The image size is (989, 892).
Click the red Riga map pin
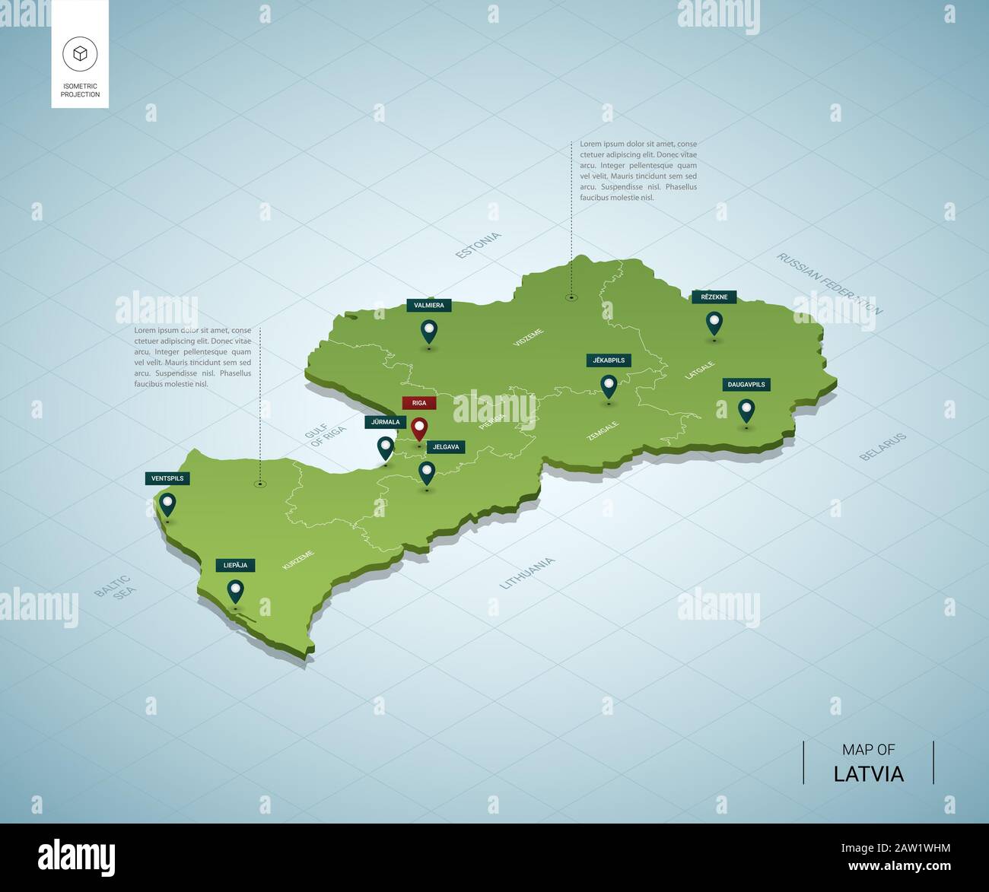point(419,429)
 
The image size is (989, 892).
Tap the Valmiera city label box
point(429,305)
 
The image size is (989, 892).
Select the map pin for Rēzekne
point(714,322)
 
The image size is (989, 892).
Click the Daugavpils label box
point(746,385)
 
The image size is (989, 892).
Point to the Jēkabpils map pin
point(609,386)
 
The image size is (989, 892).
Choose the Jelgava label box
point(445,447)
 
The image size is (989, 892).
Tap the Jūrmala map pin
point(386,448)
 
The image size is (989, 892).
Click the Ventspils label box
point(167,478)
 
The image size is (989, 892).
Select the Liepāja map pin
point(236,591)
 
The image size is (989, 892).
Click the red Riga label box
point(419,403)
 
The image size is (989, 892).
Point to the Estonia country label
point(479,246)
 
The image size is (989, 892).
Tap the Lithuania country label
point(527,573)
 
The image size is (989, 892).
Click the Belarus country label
point(883,447)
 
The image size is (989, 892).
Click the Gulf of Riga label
point(326,435)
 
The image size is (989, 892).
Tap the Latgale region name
point(700,370)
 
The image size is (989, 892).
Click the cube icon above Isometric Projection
point(80,53)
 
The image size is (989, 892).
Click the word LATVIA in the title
point(868,774)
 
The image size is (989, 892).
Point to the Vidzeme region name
point(529,338)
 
